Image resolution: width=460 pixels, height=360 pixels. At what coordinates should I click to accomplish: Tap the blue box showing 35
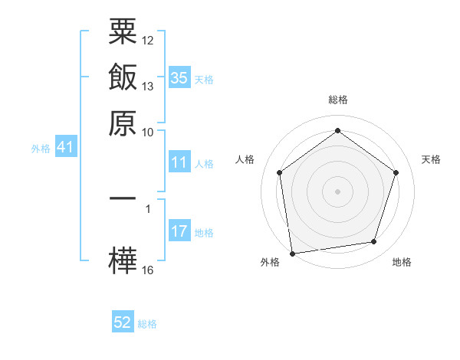tap(179, 77)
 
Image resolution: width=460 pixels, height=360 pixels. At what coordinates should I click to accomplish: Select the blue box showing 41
tap(64, 147)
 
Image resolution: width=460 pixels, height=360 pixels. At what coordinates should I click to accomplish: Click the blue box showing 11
tap(179, 162)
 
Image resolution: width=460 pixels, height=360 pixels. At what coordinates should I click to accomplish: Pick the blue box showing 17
tap(179, 231)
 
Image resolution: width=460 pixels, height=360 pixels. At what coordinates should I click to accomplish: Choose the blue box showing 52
tap(123, 322)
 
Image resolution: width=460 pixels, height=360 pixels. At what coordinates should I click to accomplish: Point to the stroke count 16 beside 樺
tap(148, 270)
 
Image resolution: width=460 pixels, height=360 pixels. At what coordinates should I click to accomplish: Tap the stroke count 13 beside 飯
tap(148, 86)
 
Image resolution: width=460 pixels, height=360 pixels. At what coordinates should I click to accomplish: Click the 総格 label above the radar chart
tap(338, 100)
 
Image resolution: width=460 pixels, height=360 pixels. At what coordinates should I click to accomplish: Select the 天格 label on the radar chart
tap(432, 159)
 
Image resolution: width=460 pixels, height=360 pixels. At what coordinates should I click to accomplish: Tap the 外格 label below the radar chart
tap(270, 262)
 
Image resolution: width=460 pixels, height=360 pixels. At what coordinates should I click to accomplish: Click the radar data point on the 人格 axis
tap(279, 172)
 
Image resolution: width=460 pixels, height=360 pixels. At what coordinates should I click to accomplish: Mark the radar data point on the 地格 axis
tap(374, 242)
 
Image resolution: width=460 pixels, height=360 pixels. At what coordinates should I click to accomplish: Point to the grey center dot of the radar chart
tap(338, 191)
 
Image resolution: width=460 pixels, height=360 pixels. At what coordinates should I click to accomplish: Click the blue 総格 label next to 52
tap(147, 324)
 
